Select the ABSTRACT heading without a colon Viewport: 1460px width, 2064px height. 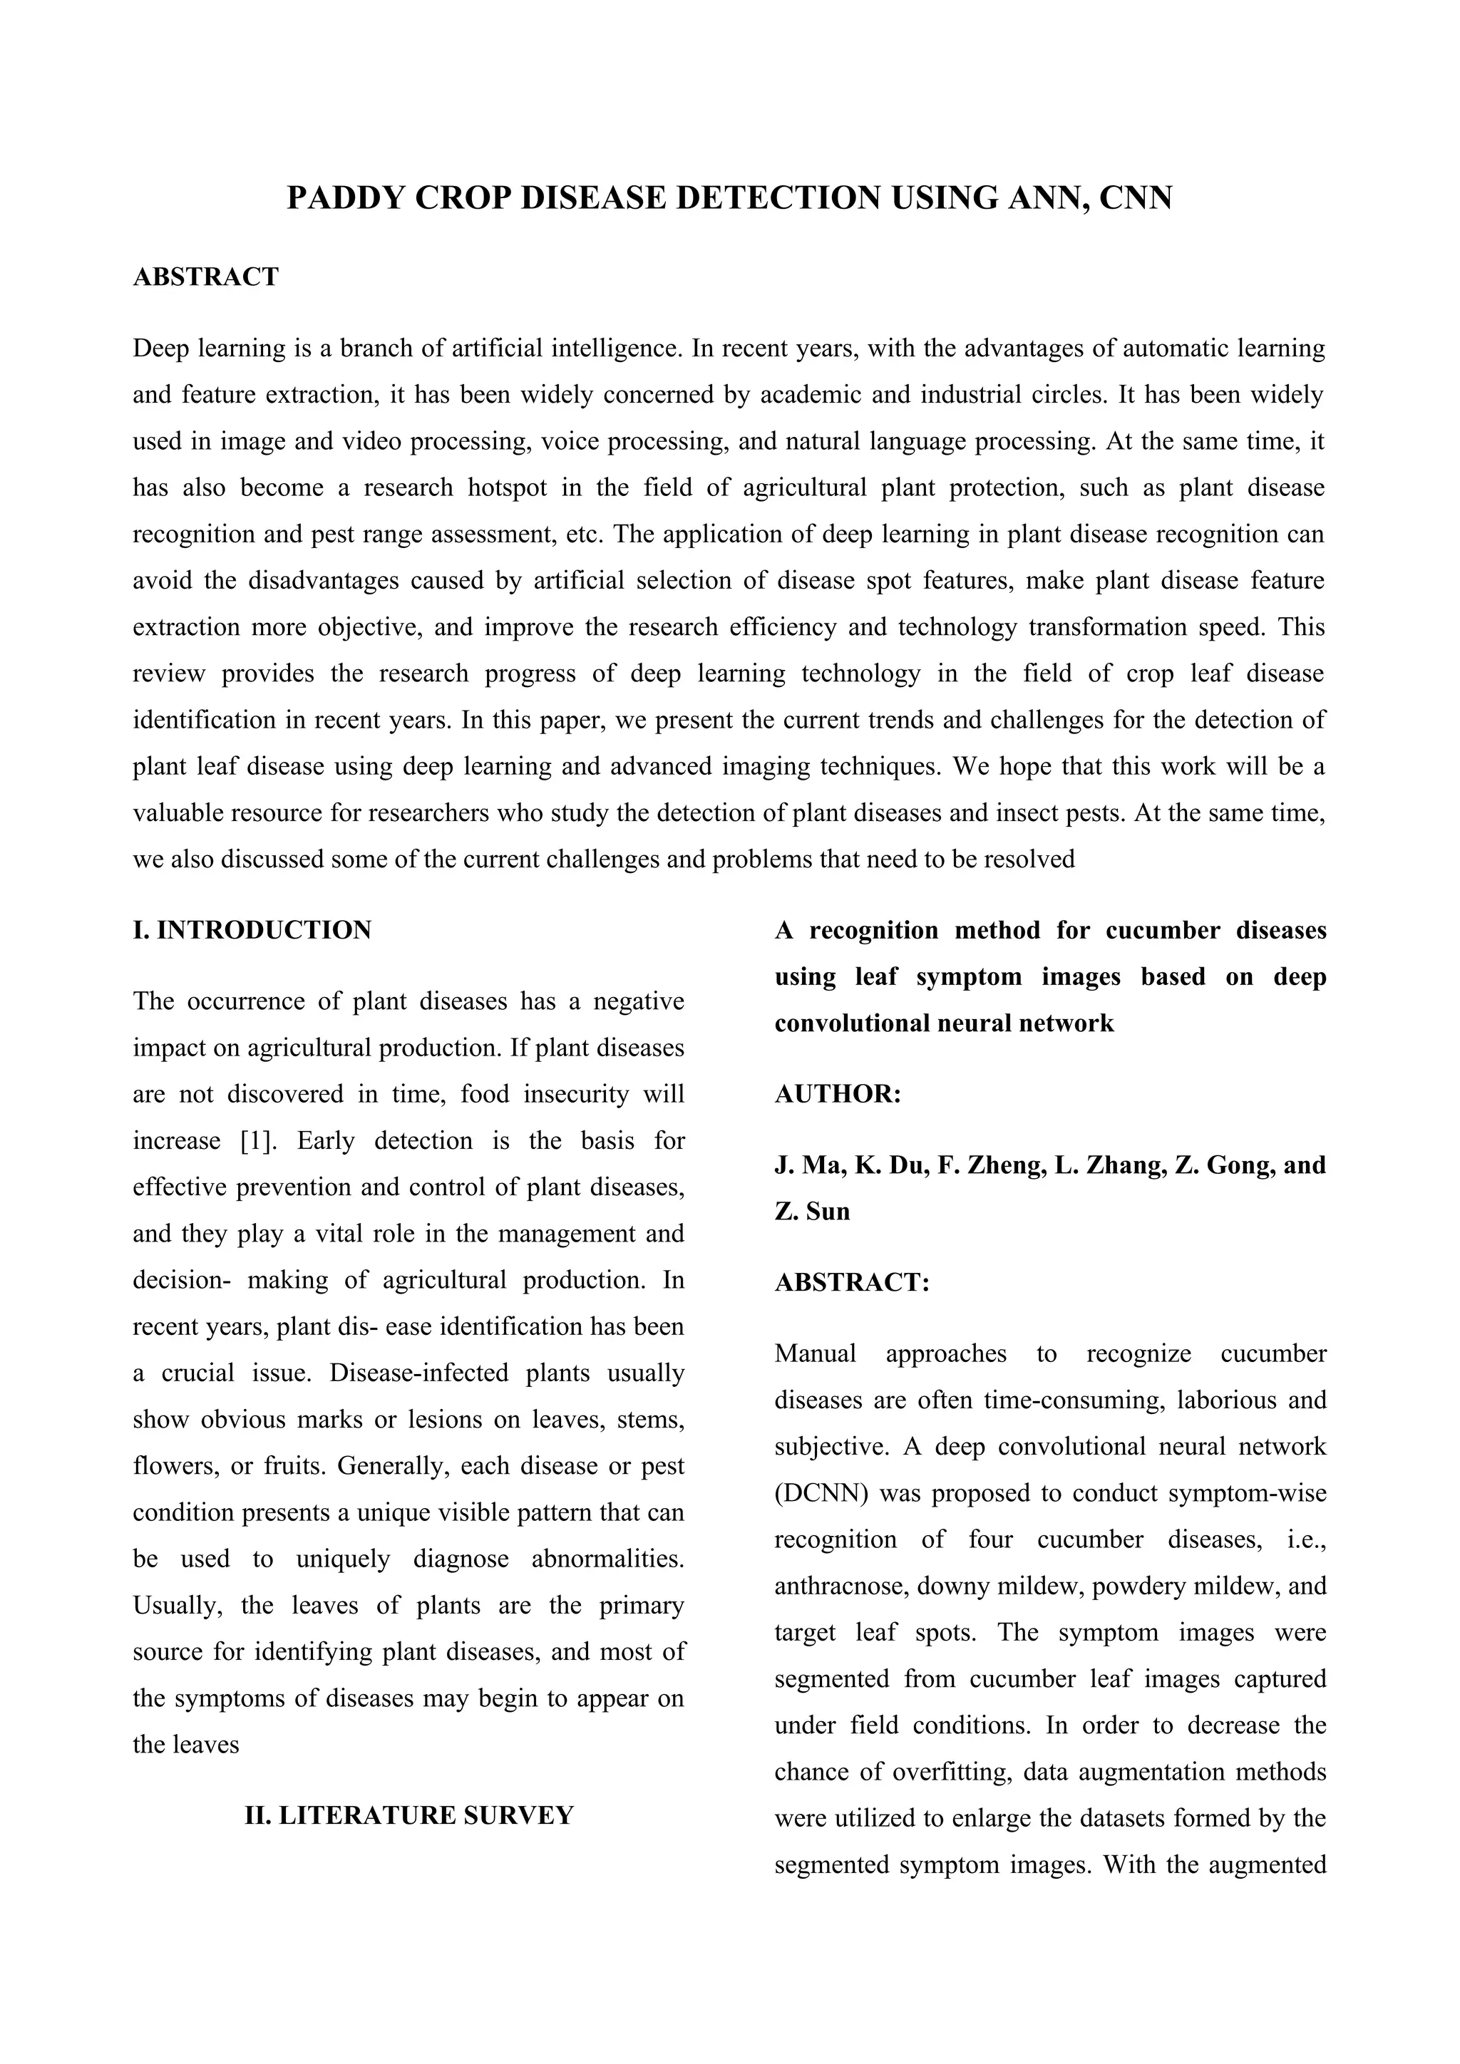pyautogui.click(x=206, y=277)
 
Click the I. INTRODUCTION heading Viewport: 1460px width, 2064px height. pyautogui.click(x=252, y=930)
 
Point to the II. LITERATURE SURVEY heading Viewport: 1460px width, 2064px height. pyautogui.click(x=409, y=1815)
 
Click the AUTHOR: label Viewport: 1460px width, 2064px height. pyautogui.click(x=837, y=1094)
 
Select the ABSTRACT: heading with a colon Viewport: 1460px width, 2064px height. pyautogui.click(x=851, y=1282)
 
